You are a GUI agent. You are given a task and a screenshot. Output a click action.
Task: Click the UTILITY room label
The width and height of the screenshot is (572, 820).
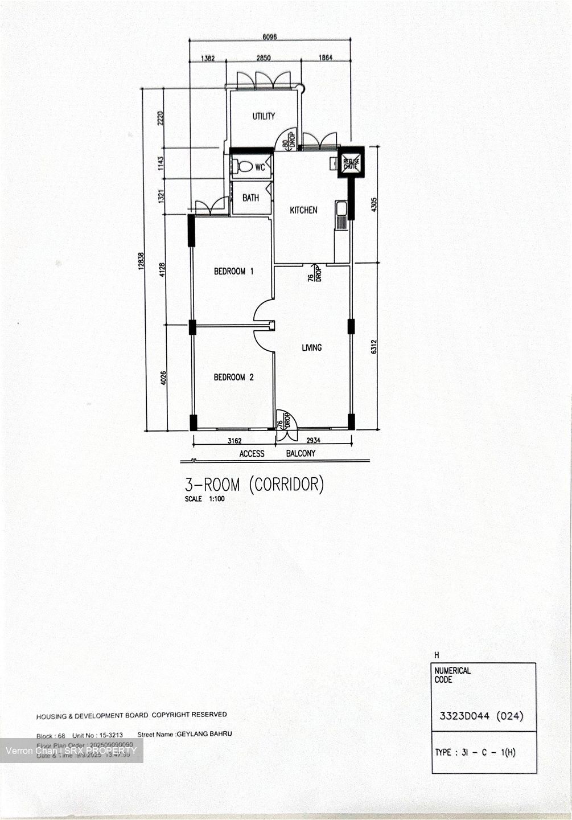point(264,116)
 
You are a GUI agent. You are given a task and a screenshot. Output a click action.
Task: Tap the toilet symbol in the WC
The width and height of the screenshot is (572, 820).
point(244,167)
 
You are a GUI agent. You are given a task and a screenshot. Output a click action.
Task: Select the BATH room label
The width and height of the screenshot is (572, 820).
point(250,198)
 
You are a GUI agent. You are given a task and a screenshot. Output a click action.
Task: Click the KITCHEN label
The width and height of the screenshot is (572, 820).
point(303,210)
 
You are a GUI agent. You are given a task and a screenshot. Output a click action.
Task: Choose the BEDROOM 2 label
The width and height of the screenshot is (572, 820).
point(233,377)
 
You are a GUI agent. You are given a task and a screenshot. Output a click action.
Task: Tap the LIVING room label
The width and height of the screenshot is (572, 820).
point(311,347)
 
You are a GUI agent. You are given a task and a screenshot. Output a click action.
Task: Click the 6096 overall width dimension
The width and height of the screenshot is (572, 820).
point(270,37)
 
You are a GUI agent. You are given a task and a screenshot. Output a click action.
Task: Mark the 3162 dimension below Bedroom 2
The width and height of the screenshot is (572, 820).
point(234,441)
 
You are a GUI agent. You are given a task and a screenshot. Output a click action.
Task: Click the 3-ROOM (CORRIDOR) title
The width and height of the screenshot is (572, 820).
point(254,485)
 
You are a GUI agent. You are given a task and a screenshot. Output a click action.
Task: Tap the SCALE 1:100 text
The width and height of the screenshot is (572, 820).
point(204,499)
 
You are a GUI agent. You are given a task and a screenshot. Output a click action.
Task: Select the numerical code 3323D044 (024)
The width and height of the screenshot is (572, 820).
point(481,716)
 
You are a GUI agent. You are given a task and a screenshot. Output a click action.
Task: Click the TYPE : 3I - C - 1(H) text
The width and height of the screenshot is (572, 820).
point(475,752)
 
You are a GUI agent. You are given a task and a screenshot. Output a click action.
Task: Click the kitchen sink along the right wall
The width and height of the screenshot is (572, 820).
point(341,215)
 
